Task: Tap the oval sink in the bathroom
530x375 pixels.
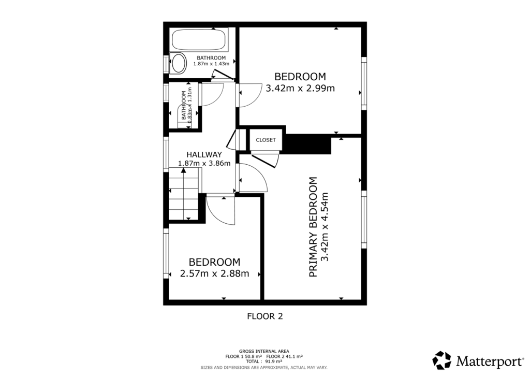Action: [x=179, y=64]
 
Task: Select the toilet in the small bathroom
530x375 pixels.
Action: [x=185, y=112]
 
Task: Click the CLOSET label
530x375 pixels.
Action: [x=266, y=140]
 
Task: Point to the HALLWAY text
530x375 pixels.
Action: [x=204, y=154]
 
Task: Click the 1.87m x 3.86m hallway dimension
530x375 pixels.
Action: [x=204, y=163]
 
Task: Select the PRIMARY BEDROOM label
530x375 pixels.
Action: [x=313, y=227]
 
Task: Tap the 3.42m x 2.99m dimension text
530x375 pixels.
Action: [x=300, y=88]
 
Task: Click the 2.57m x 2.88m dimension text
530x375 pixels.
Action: [x=214, y=273]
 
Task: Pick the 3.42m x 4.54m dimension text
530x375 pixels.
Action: [x=325, y=227]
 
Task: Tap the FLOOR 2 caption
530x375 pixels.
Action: [x=264, y=316]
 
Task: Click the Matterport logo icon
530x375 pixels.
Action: [x=442, y=360]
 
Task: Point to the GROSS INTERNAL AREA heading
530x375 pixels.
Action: [x=264, y=351]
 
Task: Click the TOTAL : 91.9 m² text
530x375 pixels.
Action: [x=264, y=362]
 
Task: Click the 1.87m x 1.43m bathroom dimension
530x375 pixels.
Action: [x=211, y=64]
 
